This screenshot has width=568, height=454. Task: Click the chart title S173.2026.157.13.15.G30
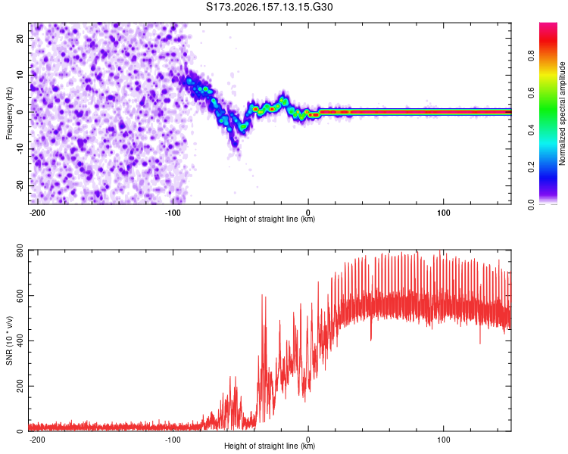(x=269, y=7)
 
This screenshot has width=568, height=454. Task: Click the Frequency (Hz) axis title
(x=9, y=113)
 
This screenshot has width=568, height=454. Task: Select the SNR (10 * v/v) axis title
(x=9, y=340)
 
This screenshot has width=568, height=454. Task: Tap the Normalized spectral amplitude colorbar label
(x=562, y=113)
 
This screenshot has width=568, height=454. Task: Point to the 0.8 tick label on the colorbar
(x=531, y=56)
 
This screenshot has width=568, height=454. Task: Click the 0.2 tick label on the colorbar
(x=531, y=167)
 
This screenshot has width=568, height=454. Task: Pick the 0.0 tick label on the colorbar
(x=531, y=204)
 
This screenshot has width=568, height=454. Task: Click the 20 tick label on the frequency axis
(x=20, y=39)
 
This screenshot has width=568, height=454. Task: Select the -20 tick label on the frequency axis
(x=20, y=185)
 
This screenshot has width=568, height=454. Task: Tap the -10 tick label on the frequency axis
(x=20, y=148)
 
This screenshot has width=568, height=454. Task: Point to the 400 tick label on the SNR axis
(x=20, y=340)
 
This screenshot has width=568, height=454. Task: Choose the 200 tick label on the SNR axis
(x=20, y=387)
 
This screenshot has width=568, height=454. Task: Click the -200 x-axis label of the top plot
(x=37, y=213)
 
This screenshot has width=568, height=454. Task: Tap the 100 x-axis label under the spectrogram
(x=443, y=213)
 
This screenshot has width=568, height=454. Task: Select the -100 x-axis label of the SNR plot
(x=173, y=440)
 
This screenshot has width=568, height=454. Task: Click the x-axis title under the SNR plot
(x=270, y=446)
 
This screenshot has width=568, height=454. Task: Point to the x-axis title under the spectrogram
(x=270, y=219)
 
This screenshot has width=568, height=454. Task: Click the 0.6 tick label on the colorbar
(x=531, y=92)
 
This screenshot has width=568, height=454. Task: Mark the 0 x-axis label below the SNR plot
(x=308, y=440)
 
